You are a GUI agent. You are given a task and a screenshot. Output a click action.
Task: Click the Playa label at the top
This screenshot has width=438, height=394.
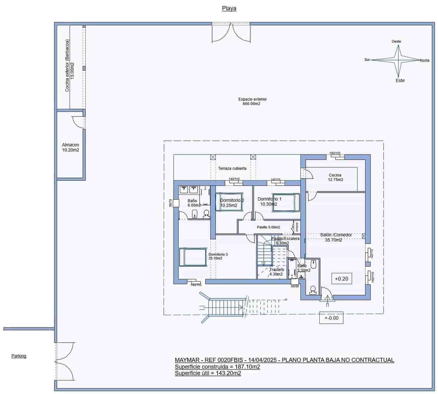[229, 9]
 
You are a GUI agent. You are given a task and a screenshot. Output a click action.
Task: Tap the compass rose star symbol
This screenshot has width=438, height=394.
[399, 60]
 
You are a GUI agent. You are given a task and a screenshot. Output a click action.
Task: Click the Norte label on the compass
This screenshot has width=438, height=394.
[425, 60]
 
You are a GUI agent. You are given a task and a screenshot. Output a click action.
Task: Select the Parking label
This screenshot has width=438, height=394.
[19, 356]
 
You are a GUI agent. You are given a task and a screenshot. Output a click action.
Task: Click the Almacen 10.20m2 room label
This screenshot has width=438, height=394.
[70, 147]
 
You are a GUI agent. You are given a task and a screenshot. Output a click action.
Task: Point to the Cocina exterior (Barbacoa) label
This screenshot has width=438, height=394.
[69, 66]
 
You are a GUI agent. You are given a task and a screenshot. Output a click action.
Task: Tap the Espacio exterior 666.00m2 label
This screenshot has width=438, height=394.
[252, 101]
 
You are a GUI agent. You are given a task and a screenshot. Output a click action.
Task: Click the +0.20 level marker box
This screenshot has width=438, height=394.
[341, 279]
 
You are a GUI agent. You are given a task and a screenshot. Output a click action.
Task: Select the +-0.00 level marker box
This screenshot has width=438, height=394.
[331, 318]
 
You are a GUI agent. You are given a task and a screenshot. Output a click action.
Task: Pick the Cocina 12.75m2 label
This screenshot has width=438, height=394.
[335, 177]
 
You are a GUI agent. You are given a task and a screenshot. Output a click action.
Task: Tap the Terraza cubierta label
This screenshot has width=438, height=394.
[232, 168]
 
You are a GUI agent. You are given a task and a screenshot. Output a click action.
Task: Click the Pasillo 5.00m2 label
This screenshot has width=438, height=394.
[268, 227]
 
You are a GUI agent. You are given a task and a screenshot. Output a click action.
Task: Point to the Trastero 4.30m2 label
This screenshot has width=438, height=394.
[276, 272]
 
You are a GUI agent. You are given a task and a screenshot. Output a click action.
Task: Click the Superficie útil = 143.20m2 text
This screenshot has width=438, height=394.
[208, 373]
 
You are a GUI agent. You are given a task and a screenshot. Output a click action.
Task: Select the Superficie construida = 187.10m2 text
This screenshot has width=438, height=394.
[217, 367]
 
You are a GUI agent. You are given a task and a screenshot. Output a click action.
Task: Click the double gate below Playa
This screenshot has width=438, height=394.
[231, 33]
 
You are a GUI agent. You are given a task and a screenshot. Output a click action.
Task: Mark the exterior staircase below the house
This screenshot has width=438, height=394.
[227, 307]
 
